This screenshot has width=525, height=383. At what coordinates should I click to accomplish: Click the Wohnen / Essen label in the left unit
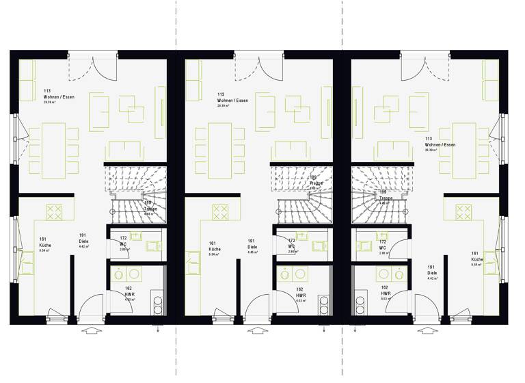click(x=58, y=96)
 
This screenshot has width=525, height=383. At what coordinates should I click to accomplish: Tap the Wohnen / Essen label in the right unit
click(x=440, y=145)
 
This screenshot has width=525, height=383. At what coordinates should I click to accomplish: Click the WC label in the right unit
click(x=383, y=246)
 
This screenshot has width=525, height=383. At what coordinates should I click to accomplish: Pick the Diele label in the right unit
click(x=432, y=271)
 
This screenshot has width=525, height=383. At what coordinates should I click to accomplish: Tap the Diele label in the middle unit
click(x=252, y=245)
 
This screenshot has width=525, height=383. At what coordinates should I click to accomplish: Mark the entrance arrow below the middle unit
click(x=256, y=331)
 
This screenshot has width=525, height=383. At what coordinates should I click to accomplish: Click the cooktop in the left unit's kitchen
click(x=55, y=211)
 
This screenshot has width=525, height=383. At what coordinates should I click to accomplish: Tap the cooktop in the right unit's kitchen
click(x=463, y=211)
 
